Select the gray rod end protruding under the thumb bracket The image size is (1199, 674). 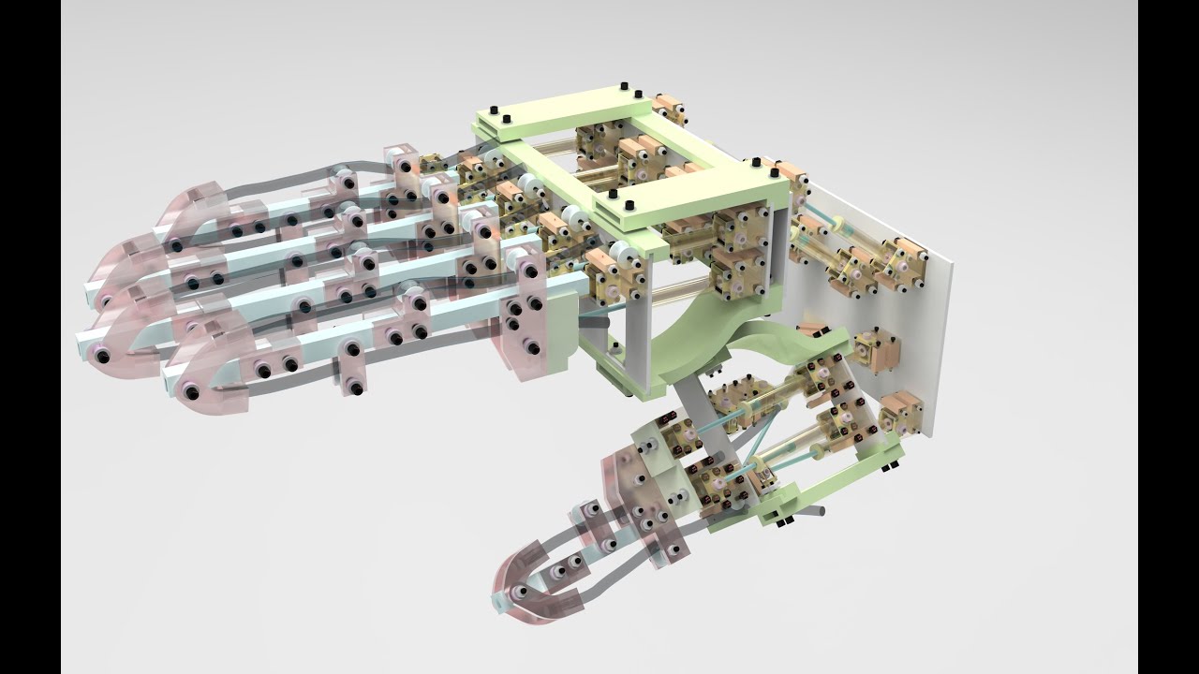point(817,511)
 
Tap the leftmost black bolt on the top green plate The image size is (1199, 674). point(507,121)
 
